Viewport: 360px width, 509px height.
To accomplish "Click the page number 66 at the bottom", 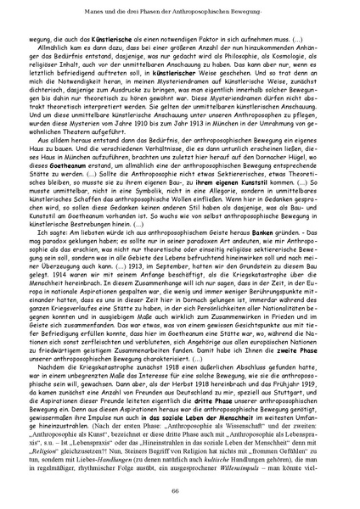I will pos(180,491).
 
